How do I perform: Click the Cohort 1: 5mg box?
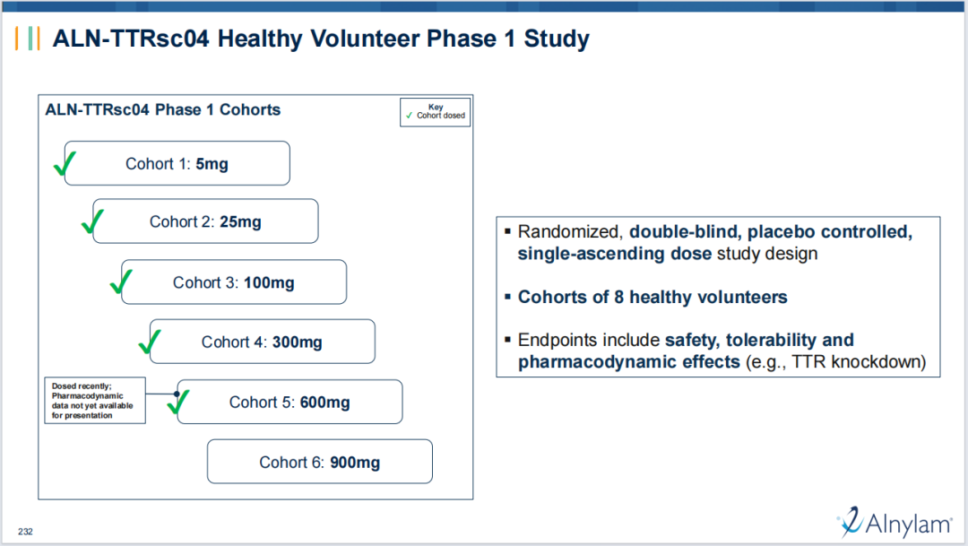point(177,163)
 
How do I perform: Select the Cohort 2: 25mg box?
point(205,221)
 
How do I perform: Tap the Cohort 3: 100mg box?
point(234,282)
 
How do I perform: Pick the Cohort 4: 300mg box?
point(263,342)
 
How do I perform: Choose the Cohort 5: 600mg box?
point(290,402)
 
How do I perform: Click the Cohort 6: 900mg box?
point(320,462)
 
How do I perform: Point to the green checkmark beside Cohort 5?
point(177,401)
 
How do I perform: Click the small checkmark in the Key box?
point(409,116)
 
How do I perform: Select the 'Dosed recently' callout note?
point(95,400)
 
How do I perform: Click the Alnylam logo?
point(895,523)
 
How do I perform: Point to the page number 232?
point(25,531)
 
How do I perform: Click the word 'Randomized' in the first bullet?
point(570,231)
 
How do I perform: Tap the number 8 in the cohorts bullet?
point(618,297)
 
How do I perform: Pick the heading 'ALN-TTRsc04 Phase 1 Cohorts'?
point(163,109)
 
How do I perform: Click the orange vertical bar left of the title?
point(17,39)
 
